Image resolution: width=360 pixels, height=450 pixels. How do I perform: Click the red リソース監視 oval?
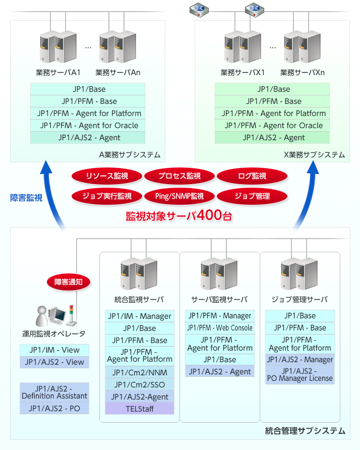tap(107, 176)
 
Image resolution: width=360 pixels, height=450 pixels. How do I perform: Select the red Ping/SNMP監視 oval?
tap(180, 196)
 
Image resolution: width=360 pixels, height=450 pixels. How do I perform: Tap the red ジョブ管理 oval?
tap(252, 196)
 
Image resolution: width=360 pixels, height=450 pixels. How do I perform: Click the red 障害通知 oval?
tap(69, 282)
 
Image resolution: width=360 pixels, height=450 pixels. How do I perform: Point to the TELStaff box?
tap(140, 409)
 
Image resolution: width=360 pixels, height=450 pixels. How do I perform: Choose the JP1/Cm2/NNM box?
tap(140, 372)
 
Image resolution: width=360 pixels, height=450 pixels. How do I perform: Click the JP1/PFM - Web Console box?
tap(220, 328)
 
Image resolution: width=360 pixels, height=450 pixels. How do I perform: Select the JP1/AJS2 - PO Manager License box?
tap(300, 374)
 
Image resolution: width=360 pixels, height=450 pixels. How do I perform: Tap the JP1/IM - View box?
tap(54, 350)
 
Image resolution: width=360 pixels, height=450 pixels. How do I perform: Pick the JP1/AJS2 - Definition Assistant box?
tap(54, 392)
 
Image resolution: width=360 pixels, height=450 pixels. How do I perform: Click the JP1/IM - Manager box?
tap(140, 316)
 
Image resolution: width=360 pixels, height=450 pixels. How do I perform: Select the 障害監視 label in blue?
tap(26, 198)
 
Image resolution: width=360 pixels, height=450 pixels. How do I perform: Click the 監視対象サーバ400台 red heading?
tap(179, 216)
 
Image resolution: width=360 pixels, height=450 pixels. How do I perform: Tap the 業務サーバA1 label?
tap(58, 72)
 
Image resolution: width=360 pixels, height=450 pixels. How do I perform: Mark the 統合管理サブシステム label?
tap(305, 431)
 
